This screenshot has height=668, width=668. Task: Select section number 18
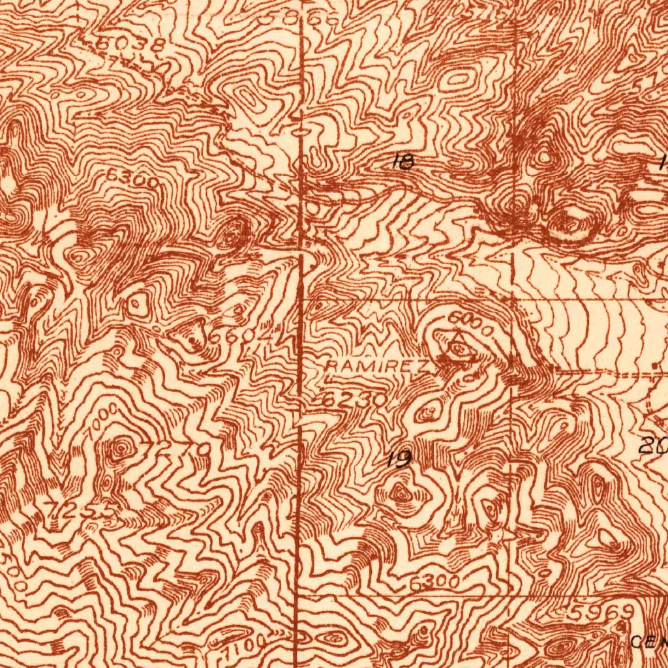404,161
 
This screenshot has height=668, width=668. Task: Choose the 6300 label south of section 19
435,583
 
